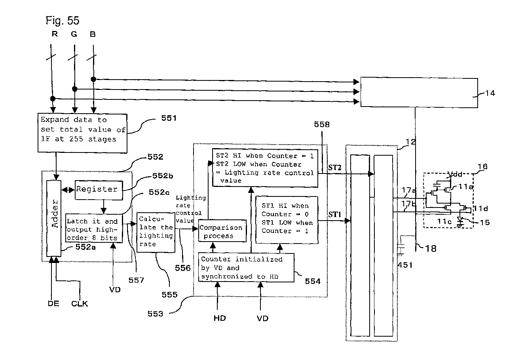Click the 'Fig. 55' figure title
[x=63, y=20]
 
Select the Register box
[x=97, y=189]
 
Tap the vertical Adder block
[x=54, y=219]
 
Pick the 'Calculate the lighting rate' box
[x=156, y=232]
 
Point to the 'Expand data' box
[x=82, y=133]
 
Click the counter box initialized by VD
[x=247, y=268]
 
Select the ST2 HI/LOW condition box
[x=264, y=168]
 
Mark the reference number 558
[x=321, y=124]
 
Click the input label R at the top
[x=55, y=34]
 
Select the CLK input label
[x=80, y=304]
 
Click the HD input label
[x=220, y=318]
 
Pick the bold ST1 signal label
[x=335, y=214]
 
